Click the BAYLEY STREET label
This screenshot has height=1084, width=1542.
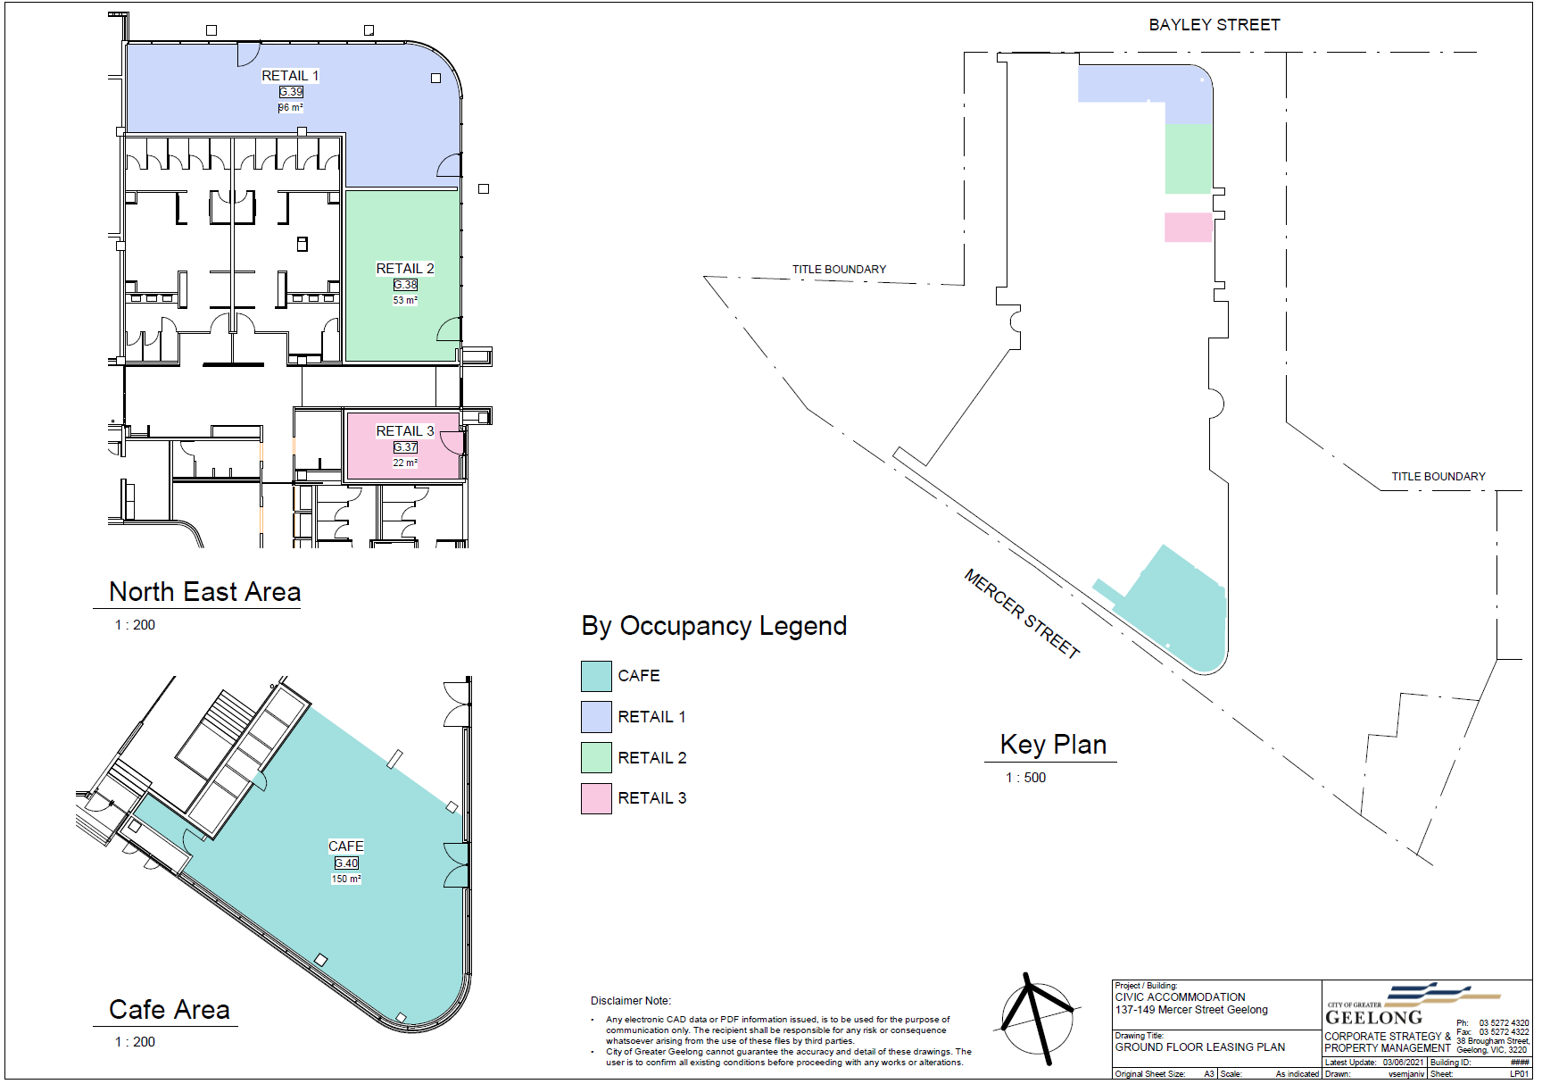(1214, 25)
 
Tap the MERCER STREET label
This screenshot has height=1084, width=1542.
(1023, 614)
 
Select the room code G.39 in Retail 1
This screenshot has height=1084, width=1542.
(291, 92)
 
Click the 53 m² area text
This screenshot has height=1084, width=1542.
(405, 301)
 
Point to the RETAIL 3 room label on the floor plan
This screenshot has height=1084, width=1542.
(405, 431)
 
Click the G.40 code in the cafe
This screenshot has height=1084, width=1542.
(346, 863)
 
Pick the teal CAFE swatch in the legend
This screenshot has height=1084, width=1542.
(596, 676)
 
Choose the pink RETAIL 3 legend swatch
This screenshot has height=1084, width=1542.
(596, 798)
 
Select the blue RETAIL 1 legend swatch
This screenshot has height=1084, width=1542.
(596, 717)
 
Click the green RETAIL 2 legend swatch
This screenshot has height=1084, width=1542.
(596, 758)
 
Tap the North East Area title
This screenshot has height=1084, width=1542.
(204, 592)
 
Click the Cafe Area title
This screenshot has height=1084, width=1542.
(170, 1010)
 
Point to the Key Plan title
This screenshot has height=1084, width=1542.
(1053, 745)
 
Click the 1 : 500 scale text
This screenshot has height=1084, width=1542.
(1025, 778)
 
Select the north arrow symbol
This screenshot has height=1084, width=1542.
(1038, 1018)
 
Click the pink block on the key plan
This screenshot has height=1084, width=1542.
(1189, 227)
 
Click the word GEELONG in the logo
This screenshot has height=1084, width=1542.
(1374, 1018)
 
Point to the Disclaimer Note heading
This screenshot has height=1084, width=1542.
(631, 1001)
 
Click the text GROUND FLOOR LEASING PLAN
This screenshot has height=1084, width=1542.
(1200, 1047)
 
